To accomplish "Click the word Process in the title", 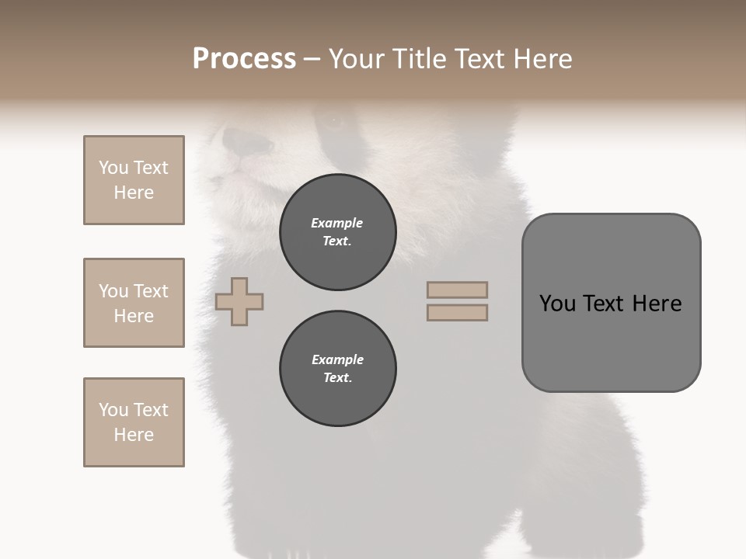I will (x=244, y=59).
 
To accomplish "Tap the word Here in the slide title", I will (x=542, y=59).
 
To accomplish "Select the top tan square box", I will (x=134, y=180).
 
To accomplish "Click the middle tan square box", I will (x=134, y=303).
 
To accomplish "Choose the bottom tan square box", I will (x=134, y=422).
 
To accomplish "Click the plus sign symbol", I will (x=239, y=302).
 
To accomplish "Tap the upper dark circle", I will (x=337, y=232).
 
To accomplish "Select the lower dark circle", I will (x=337, y=369).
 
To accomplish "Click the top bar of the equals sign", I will (x=457, y=290).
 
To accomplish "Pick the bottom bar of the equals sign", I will (x=457, y=313).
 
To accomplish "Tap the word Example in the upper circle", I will (x=336, y=223).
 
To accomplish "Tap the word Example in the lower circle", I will (x=337, y=359).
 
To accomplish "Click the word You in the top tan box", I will (x=113, y=168).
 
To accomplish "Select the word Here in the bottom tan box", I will (x=134, y=435).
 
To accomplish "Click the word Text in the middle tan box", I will (x=150, y=291).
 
